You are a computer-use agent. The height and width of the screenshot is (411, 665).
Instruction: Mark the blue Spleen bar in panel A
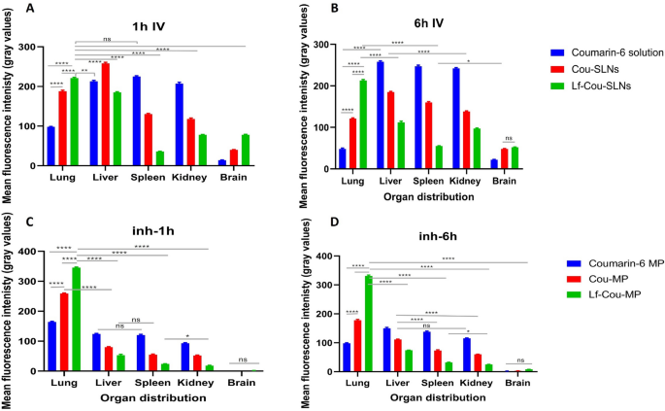(x=136, y=120)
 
